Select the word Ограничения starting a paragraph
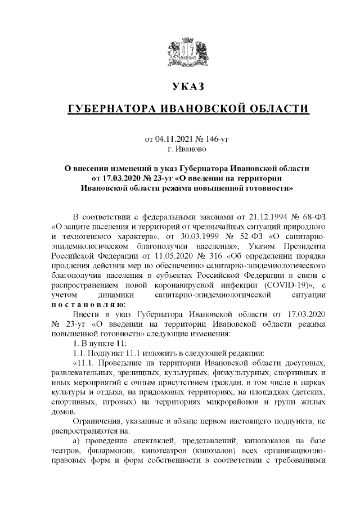(100, 421)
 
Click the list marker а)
(78, 440)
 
